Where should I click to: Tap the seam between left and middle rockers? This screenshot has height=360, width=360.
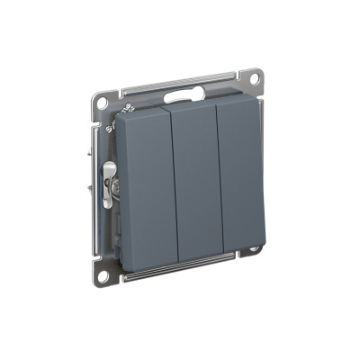pos(173,185)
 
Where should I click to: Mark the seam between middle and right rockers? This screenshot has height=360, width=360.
pos(219,180)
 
